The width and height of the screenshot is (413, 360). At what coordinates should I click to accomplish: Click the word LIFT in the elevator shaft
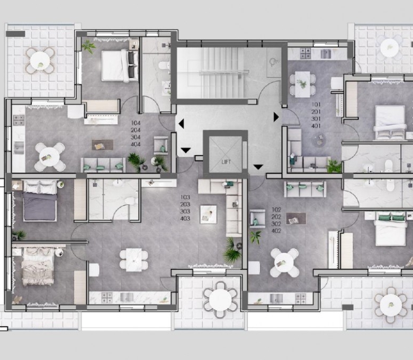[226, 162]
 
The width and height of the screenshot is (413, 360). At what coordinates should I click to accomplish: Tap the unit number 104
[136, 123]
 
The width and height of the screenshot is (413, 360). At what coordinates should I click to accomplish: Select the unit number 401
[316, 126]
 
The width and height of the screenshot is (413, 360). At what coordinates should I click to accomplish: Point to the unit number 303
[185, 211]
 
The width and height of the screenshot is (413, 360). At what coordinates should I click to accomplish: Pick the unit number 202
[276, 217]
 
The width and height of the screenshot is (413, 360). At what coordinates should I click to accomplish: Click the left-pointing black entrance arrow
[181, 124]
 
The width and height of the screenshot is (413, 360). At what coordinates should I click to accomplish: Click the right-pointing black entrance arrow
[276, 117]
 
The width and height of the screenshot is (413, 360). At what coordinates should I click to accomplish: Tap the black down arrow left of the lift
[186, 150]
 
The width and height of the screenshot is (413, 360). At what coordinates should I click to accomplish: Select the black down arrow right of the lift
[258, 167]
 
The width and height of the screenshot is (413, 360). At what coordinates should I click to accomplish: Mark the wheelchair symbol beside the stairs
[274, 62]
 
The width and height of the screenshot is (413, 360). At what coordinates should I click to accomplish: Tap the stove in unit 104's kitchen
[19, 120]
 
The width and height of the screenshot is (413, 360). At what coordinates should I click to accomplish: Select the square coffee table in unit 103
[208, 214]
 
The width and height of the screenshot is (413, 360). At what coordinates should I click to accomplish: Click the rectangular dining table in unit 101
[302, 85]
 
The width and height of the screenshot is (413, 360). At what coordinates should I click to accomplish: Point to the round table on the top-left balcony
[40, 61]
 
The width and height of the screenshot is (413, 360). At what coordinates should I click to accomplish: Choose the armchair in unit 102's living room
[257, 219]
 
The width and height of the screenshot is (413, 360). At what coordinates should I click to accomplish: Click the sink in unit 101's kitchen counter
[326, 53]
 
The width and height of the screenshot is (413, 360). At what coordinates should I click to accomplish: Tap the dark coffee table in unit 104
[103, 145]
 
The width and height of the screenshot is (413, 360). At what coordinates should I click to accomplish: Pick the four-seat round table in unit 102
[284, 263]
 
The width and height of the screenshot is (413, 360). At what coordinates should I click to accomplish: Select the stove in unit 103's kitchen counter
[107, 298]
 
